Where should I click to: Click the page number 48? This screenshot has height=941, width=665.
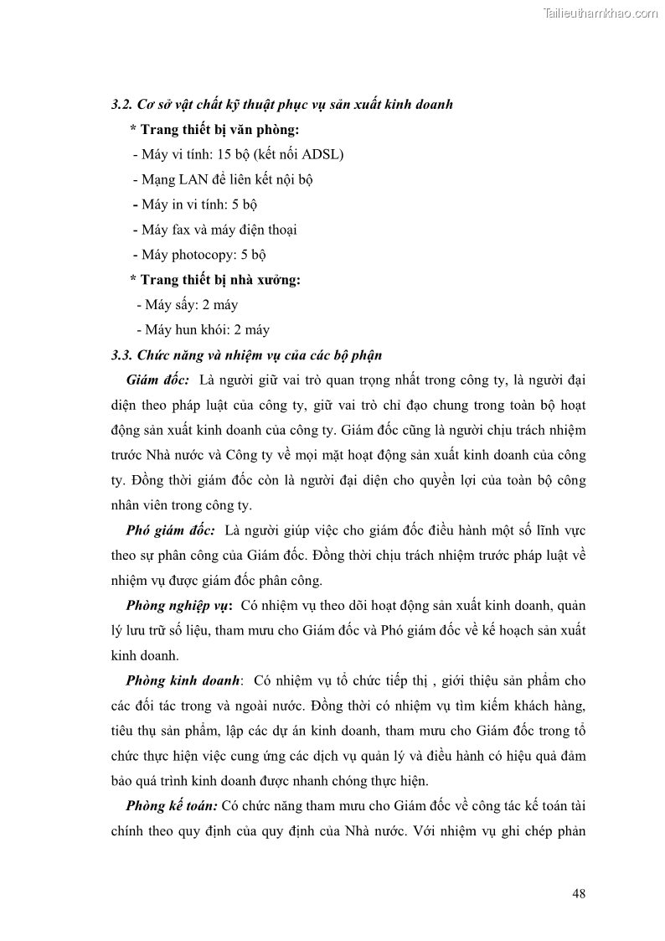point(579,893)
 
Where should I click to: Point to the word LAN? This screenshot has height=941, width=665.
point(194,179)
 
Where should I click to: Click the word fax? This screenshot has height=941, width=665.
point(181,230)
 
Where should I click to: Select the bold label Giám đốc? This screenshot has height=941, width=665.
point(157,380)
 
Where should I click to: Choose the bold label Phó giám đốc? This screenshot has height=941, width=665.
point(170,530)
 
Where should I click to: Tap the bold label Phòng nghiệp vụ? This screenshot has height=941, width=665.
point(178,605)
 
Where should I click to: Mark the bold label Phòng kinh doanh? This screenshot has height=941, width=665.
point(183,680)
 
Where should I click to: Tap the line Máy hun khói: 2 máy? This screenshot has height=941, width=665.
point(207,330)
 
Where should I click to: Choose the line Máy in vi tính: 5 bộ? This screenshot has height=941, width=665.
point(199,204)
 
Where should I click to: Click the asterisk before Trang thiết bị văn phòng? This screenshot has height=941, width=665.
point(133,130)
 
